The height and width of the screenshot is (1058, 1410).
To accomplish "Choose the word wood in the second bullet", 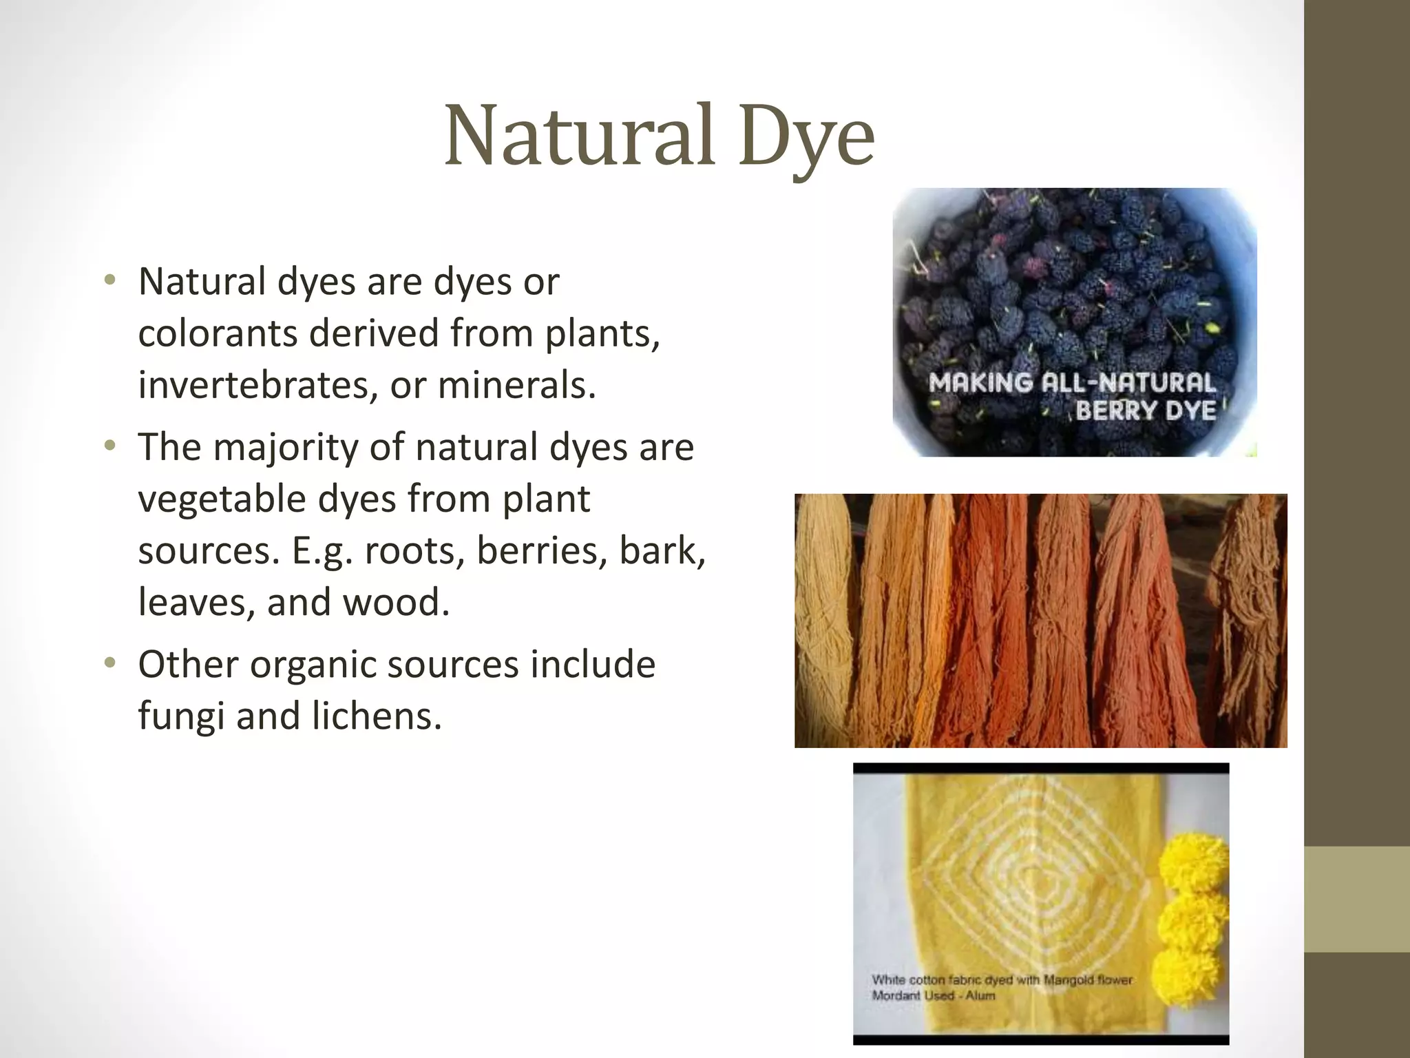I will [x=395, y=602].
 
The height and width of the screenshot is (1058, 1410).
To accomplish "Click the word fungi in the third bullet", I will [x=181, y=716].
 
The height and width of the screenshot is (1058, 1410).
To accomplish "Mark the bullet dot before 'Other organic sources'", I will [x=109, y=664].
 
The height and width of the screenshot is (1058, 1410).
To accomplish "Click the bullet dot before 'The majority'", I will [x=109, y=447].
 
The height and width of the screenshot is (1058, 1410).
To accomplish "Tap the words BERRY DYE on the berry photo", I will [x=1145, y=411].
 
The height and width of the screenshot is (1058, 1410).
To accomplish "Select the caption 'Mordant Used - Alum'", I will [x=933, y=996].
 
